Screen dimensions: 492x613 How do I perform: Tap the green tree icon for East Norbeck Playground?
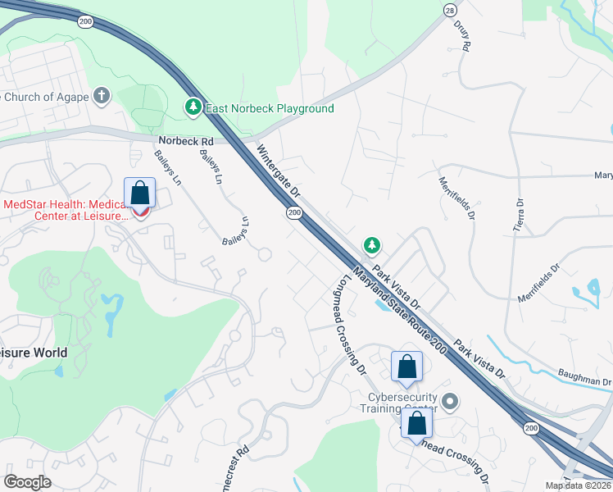193,107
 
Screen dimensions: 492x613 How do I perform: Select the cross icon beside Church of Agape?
102,96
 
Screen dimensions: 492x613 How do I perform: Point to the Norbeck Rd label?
186,141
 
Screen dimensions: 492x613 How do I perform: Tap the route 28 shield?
450,9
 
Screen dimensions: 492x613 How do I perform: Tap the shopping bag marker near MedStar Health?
140,194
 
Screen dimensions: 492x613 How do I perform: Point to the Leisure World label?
33,353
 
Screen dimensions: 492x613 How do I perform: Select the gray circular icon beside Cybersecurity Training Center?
449,402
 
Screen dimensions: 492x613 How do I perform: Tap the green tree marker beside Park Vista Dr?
372,244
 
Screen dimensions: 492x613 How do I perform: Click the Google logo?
28,482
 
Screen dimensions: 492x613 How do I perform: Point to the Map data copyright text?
579,485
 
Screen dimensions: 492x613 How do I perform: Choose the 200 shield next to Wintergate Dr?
293,213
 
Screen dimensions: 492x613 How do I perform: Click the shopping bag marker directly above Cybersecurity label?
406,367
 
